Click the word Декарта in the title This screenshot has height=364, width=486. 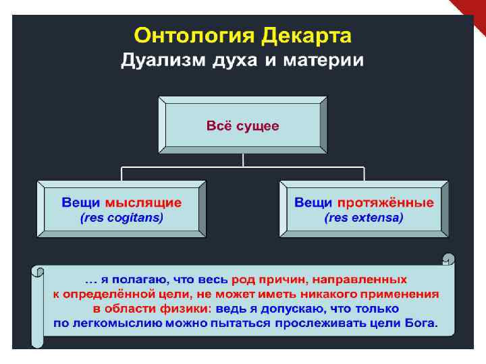click(306, 35)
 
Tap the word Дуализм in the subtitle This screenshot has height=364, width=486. click(162, 61)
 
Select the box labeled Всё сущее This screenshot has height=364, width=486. click(243, 126)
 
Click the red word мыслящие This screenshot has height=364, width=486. click(143, 202)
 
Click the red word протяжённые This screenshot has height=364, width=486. click(385, 202)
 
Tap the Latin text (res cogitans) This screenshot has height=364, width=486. click(122, 218)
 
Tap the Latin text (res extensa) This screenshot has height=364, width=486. click(364, 218)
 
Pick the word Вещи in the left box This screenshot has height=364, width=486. click(82, 202)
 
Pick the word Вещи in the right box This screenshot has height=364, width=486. click(314, 202)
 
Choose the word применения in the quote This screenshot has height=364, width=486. click(399, 293)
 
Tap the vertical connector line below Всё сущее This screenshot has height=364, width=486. click(242, 159)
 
